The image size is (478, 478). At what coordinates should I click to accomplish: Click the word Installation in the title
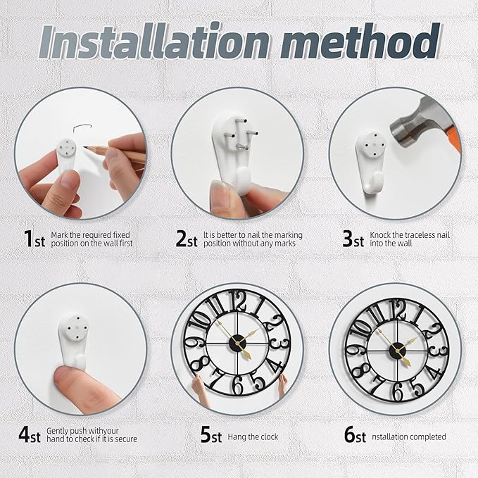point(154,41)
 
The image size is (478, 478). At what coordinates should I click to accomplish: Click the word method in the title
point(360,41)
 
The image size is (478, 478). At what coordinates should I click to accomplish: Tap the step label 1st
point(34,239)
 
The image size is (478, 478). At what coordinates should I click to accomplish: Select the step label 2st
point(187,239)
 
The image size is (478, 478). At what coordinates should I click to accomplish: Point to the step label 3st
point(353,239)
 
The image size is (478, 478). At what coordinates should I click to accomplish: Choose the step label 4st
point(30,434)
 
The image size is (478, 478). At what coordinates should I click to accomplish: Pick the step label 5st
point(211,434)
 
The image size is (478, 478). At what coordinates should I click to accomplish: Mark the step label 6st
point(355,434)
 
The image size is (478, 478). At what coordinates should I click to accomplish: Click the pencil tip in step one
point(85,147)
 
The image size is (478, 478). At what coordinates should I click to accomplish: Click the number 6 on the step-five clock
point(237,385)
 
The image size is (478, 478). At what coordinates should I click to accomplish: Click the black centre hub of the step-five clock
point(237,343)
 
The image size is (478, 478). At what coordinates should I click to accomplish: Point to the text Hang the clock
point(253,437)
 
